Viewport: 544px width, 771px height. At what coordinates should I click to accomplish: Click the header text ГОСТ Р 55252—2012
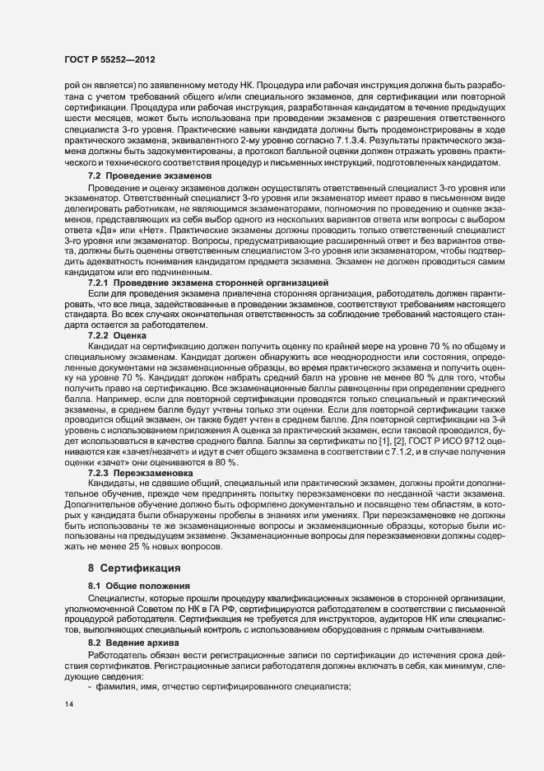(x=110, y=60)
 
